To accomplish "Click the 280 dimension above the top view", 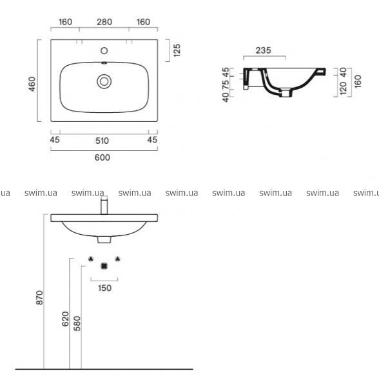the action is point(104,22).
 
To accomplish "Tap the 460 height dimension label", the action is point(32,84).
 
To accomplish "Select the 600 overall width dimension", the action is point(102,157).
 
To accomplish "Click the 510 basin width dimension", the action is point(102,141).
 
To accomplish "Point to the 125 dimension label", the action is point(177,50).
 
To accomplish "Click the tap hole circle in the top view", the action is point(104,50).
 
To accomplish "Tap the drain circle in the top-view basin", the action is point(104,81).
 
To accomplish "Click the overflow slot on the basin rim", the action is point(104,63).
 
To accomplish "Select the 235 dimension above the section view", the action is point(263,50).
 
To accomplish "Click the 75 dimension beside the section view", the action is point(226,84).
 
